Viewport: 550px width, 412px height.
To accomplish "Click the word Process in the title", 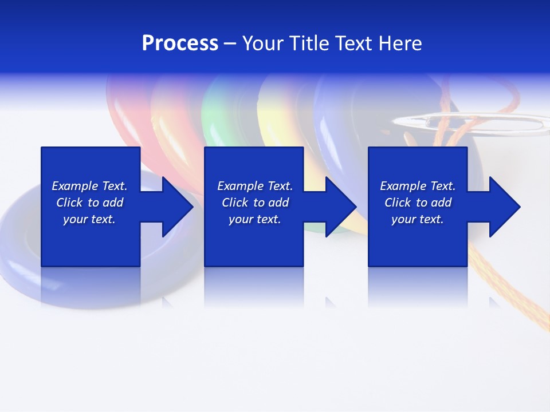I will pyautogui.click(x=180, y=43).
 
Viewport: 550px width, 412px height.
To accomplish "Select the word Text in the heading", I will pyautogui.click(x=353, y=43).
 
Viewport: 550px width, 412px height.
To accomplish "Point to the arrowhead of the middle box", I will pyautogui.click(x=340, y=207).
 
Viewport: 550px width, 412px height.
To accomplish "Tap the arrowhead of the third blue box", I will pyautogui.click(x=504, y=207).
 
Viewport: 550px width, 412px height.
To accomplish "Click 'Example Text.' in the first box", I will pyautogui.click(x=89, y=186).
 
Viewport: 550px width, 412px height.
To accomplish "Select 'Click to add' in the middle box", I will pyautogui.click(x=255, y=203).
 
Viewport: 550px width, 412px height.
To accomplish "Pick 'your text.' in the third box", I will pyautogui.click(x=418, y=219).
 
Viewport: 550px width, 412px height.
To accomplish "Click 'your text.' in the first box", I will pyautogui.click(x=89, y=219).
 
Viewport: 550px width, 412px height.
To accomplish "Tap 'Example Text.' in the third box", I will pyautogui.click(x=418, y=186).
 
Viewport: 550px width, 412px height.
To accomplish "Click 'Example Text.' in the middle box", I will pyautogui.click(x=255, y=186).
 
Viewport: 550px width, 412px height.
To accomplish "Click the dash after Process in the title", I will pyautogui.click(x=230, y=43).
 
